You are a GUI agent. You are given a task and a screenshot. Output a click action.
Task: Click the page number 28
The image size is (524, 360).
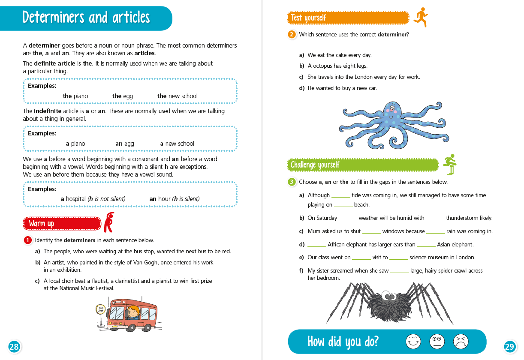click(x=14, y=347)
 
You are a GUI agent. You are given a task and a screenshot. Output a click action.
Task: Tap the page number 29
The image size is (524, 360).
click(x=509, y=347)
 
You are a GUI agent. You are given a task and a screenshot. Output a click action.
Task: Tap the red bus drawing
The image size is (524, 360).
click(x=132, y=315)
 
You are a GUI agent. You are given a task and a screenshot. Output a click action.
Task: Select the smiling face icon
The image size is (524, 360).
click(x=413, y=341)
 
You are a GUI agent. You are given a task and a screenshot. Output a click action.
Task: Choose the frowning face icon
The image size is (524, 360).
click(x=461, y=341)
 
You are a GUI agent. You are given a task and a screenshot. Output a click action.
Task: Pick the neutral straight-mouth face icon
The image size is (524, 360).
click(x=437, y=341)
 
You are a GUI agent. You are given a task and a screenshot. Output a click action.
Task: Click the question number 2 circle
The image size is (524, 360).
click(x=292, y=35)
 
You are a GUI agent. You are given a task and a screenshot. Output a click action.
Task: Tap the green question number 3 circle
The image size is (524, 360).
click(x=292, y=182)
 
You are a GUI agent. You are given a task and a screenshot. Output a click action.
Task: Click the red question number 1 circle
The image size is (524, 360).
click(x=27, y=240)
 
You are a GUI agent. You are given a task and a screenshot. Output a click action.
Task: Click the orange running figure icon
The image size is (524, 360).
click(x=421, y=17)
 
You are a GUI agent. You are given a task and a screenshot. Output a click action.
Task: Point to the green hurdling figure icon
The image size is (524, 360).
click(x=450, y=164)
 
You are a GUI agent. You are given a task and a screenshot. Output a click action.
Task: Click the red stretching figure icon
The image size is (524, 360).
click(x=109, y=222)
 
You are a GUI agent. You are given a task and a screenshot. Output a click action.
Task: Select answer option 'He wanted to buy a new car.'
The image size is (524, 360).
click(x=342, y=88)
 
